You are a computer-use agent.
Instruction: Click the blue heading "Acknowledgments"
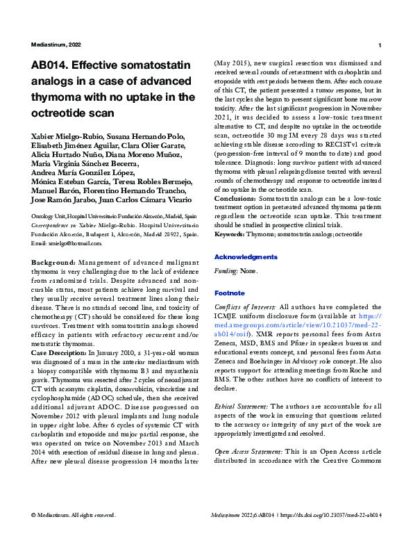(x=246, y=256)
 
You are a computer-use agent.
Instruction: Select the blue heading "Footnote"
(x=229, y=293)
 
